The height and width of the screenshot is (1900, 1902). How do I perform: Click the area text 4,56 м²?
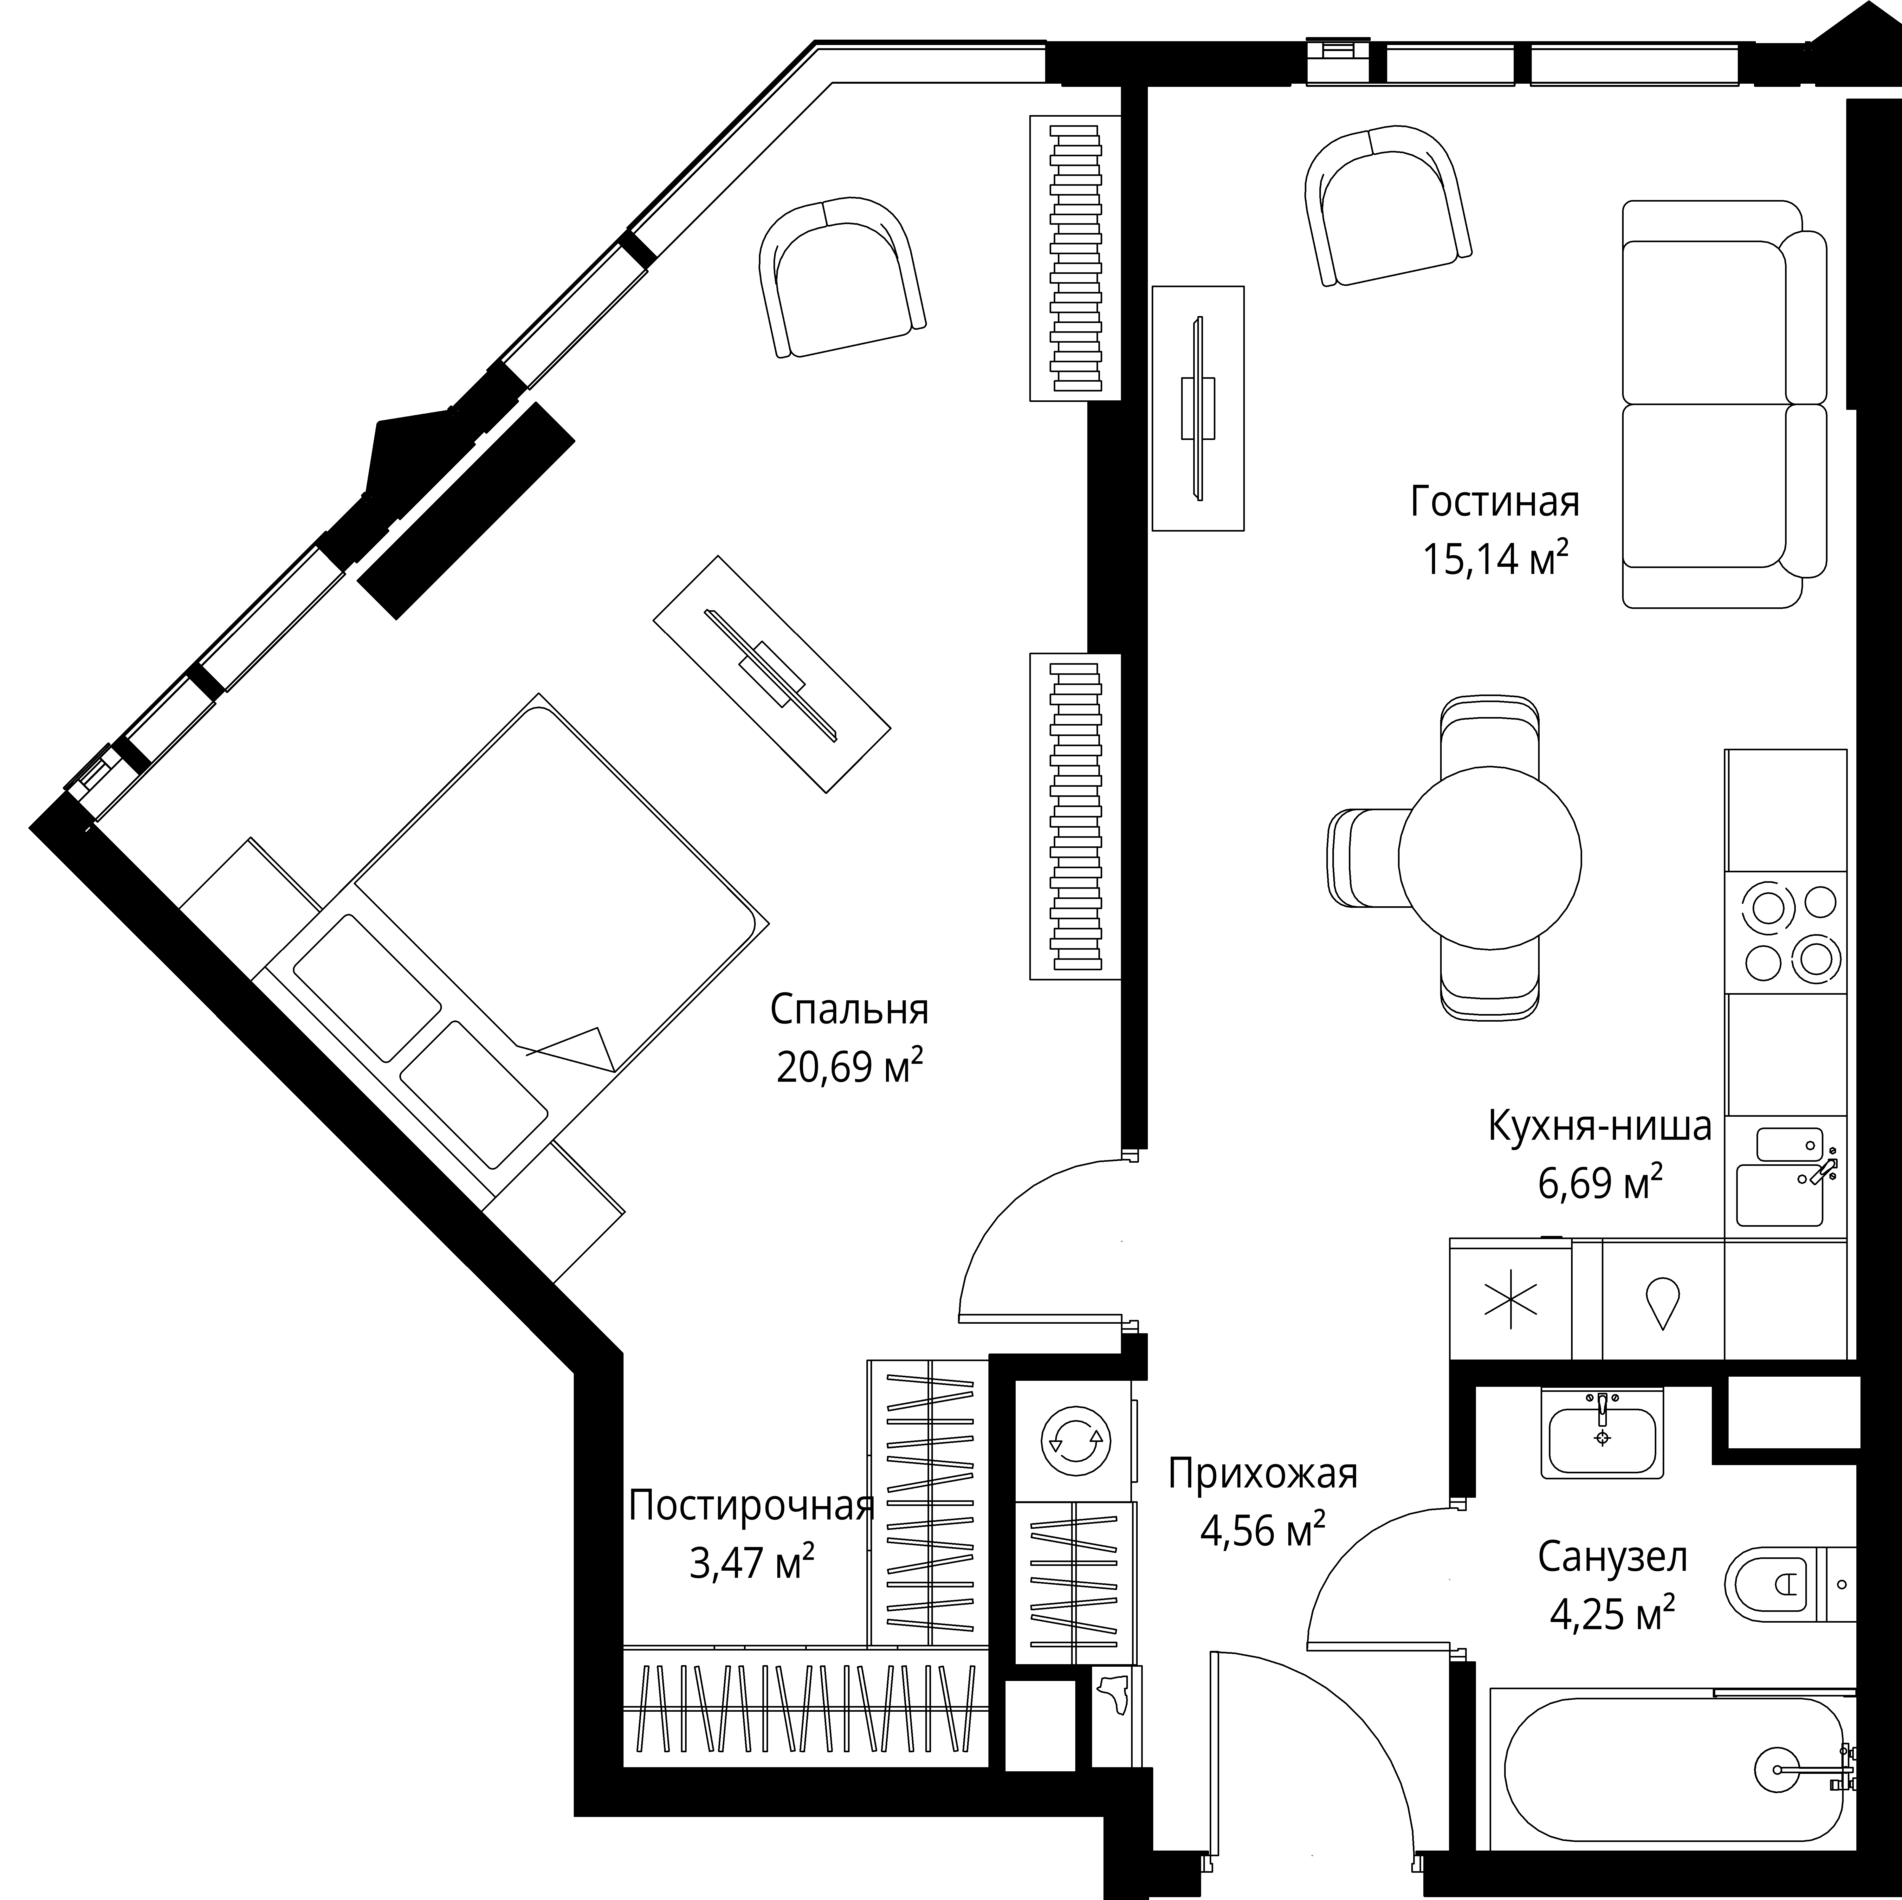[x=1262, y=1531]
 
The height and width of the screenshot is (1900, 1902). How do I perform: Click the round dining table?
[x=1490, y=857]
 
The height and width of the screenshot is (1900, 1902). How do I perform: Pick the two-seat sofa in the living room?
[x=1723, y=404]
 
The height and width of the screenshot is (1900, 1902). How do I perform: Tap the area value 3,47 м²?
[x=751, y=1562]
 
